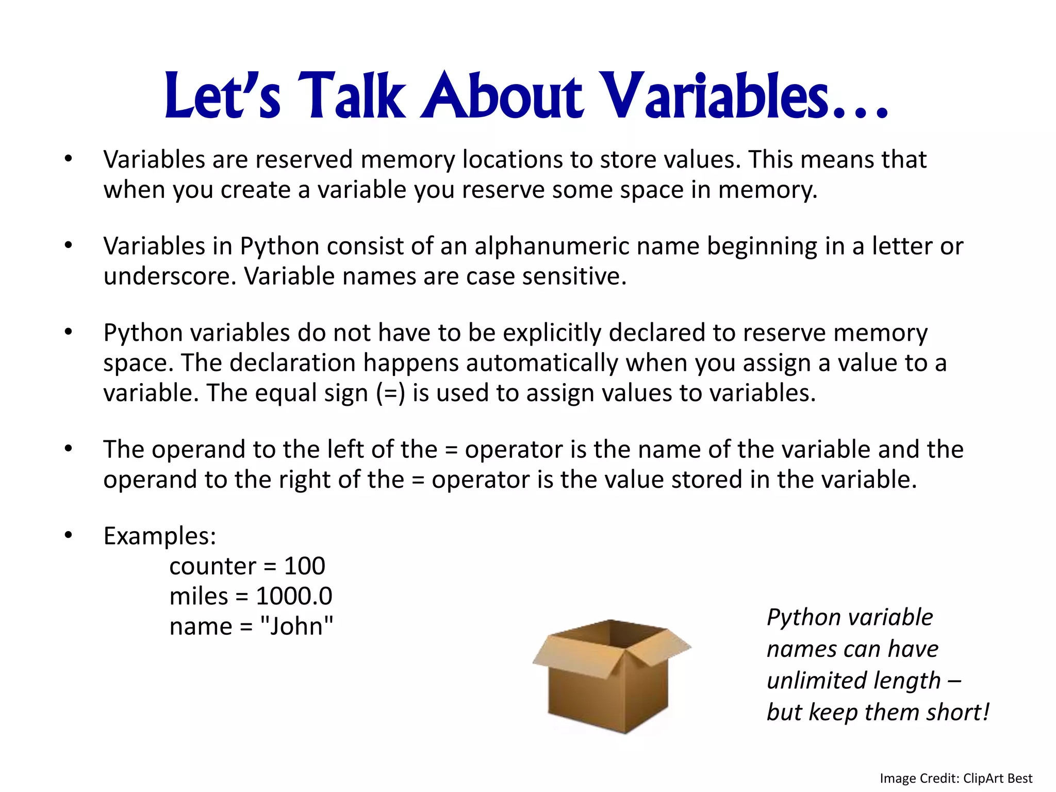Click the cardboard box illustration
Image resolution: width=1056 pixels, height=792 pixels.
[x=611, y=675]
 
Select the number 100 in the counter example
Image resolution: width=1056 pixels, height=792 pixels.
[x=304, y=566]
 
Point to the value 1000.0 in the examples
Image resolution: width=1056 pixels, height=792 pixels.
[x=294, y=597]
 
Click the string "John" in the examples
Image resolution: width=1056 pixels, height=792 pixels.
[x=296, y=626]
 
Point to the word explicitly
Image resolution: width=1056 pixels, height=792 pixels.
[x=552, y=333]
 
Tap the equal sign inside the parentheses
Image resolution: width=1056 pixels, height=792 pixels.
[x=391, y=394]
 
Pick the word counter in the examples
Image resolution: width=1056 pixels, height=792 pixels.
[x=212, y=567]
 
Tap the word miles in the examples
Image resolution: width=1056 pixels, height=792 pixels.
[x=199, y=597]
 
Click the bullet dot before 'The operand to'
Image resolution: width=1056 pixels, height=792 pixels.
[x=69, y=449]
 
